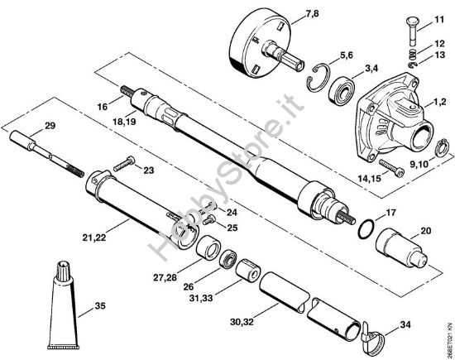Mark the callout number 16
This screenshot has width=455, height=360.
pyautogui.click(x=102, y=107)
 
